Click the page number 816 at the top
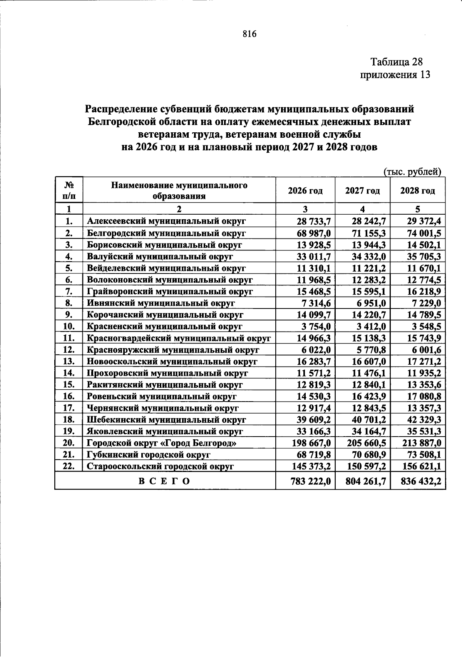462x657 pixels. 249,34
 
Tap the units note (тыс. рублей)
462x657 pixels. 412,172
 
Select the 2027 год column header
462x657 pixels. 362,190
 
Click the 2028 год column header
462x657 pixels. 418,190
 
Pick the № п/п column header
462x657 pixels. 69,190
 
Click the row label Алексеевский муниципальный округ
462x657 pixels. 166,221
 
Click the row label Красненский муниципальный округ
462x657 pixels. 164,327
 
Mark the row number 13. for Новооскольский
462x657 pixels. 69,362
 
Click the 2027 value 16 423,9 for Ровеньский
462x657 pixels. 369,397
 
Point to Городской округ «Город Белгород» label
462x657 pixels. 161,443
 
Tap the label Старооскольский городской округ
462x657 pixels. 160,467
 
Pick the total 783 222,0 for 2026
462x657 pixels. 311,481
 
